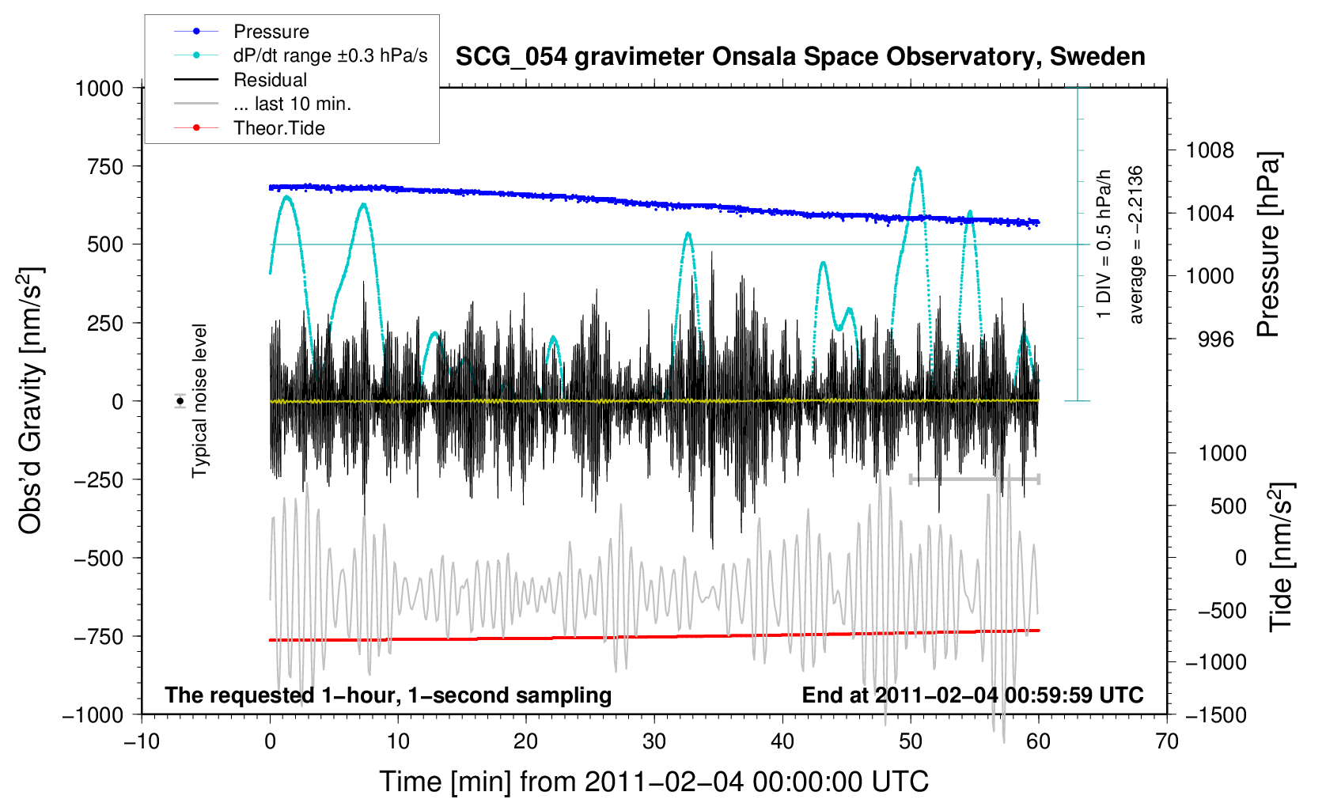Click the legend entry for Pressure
click(271, 32)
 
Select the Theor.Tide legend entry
click(278, 128)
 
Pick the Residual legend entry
click(270, 80)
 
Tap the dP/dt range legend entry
click(330, 55)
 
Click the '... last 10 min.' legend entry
click(292, 104)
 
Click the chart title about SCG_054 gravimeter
click(800, 57)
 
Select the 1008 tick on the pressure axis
click(1209, 150)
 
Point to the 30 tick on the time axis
click(654, 741)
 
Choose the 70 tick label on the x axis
click(1166, 741)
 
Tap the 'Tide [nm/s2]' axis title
click(1280, 557)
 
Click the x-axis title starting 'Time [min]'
click(654, 782)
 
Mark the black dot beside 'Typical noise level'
click(180, 401)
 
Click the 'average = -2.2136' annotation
click(1136, 244)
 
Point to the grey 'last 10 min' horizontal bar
click(974, 479)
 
